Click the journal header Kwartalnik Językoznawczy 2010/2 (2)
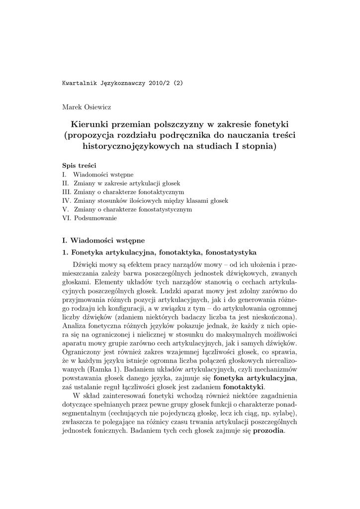(x=122, y=83)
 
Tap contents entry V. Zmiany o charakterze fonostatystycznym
(x=127, y=209)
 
